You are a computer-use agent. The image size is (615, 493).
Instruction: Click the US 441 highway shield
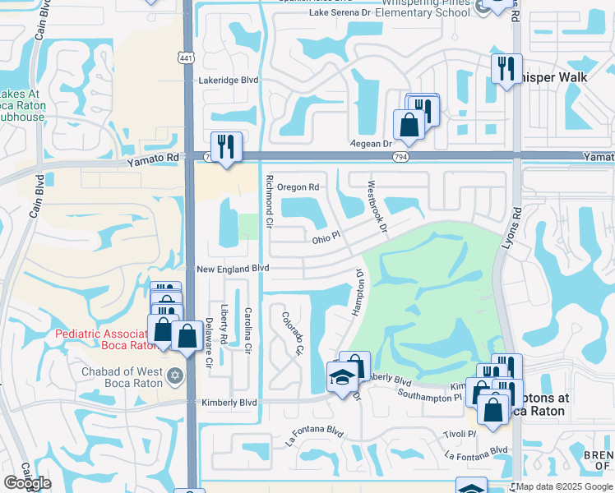pos(187,54)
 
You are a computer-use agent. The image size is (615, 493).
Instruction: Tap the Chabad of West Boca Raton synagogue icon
pos(173,376)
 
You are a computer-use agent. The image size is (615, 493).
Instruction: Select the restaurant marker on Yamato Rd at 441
pos(226,146)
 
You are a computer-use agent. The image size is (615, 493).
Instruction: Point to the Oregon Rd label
pos(297,187)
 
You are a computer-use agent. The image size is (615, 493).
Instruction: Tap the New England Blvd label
pos(233,269)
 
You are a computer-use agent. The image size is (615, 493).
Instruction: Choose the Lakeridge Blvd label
pos(229,81)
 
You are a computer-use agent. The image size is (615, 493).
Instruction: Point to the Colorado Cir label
pos(293,333)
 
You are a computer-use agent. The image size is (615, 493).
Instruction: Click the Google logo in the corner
pos(28,483)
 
